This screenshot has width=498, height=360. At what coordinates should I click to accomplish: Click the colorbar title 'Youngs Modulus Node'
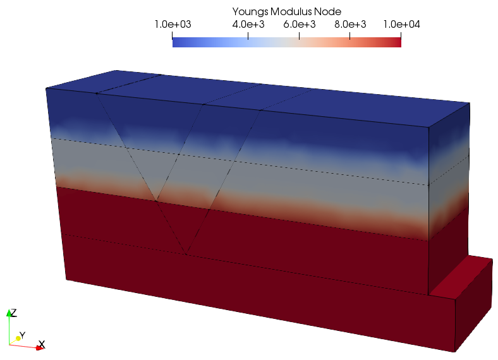point(287,11)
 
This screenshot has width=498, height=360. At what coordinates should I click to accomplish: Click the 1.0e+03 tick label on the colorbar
point(173,24)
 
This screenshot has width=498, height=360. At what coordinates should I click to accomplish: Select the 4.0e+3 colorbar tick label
point(248,24)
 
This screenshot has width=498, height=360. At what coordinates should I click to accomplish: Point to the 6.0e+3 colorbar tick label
point(299,24)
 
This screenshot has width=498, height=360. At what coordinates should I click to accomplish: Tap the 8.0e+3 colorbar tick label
point(349,24)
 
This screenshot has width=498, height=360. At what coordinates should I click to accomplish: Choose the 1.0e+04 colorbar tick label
point(401,24)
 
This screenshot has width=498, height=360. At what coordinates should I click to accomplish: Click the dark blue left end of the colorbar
point(176,42)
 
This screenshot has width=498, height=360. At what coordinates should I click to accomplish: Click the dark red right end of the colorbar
point(398,42)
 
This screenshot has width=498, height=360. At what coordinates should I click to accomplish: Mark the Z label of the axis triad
point(13,313)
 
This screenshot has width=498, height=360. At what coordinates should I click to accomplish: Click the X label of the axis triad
point(41,345)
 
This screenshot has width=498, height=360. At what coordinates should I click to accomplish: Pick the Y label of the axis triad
point(22,334)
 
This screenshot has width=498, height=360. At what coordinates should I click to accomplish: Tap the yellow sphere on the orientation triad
point(18,339)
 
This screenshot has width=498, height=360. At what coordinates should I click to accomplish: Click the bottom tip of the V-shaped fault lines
point(186,255)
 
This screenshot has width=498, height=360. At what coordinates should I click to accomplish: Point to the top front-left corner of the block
point(47,89)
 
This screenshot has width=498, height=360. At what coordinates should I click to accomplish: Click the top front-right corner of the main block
point(429,127)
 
